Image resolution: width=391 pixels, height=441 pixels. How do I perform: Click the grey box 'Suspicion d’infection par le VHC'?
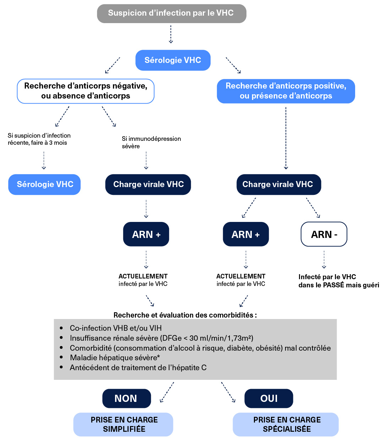[172, 14]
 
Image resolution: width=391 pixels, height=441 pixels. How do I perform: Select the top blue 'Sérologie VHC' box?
[173, 60]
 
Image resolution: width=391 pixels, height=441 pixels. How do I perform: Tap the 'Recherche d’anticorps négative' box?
[86, 91]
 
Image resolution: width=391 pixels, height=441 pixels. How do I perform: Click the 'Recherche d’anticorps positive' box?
[286, 91]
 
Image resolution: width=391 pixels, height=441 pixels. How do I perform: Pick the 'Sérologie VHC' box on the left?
[44, 184]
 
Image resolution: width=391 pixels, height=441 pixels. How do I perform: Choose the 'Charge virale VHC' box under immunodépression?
[148, 184]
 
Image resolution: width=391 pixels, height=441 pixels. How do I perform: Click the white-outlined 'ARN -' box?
[324, 234]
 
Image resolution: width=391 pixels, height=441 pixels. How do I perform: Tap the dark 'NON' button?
[126, 398]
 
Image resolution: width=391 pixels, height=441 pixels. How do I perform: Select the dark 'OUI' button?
[269, 398]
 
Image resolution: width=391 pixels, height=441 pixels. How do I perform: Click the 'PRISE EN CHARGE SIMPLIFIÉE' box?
[123, 424]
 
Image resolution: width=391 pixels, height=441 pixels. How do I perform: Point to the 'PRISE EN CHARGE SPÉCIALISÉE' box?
[286, 424]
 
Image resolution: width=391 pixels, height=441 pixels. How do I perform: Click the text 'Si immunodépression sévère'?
[151, 142]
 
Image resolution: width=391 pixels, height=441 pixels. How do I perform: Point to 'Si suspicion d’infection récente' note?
[39, 139]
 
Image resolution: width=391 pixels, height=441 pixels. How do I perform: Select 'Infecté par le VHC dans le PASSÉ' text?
[338, 281]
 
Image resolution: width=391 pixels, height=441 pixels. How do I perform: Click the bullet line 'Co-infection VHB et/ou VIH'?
[115, 328]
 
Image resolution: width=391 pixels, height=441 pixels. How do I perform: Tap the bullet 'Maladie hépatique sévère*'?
[115, 357]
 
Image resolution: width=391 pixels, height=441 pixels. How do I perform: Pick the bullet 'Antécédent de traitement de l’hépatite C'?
[138, 367]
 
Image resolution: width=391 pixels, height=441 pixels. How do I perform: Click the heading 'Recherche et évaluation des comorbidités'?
[185, 315]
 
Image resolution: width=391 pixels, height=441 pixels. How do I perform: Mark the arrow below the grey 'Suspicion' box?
[171, 34]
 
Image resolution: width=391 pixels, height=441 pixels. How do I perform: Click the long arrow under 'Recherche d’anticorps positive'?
[286, 139]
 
